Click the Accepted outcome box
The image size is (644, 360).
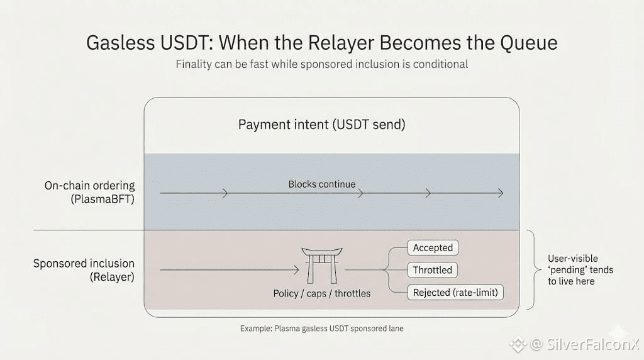click(x=433, y=248)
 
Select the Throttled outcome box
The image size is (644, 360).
click(x=433, y=270)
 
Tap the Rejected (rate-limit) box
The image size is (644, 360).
click(x=455, y=292)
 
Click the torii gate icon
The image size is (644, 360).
click(x=322, y=265)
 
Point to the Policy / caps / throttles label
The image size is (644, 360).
click(x=321, y=293)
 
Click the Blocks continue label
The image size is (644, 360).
click(x=321, y=184)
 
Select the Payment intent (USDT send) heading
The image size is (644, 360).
click(x=321, y=125)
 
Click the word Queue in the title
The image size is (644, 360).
click(x=528, y=43)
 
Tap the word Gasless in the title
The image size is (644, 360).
click(x=121, y=43)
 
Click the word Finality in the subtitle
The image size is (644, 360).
click(x=193, y=65)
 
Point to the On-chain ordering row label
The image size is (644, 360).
click(x=89, y=185)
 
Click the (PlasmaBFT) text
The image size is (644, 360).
click(x=103, y=200)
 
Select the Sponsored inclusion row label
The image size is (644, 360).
click(x=84, y=263)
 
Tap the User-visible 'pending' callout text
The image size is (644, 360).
click(x=580, y=270)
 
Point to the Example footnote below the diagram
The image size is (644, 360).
click(x=321, y=329)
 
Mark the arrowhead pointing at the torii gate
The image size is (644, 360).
click(x=296, y=269)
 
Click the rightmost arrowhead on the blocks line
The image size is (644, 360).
click(x=500, y=193)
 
